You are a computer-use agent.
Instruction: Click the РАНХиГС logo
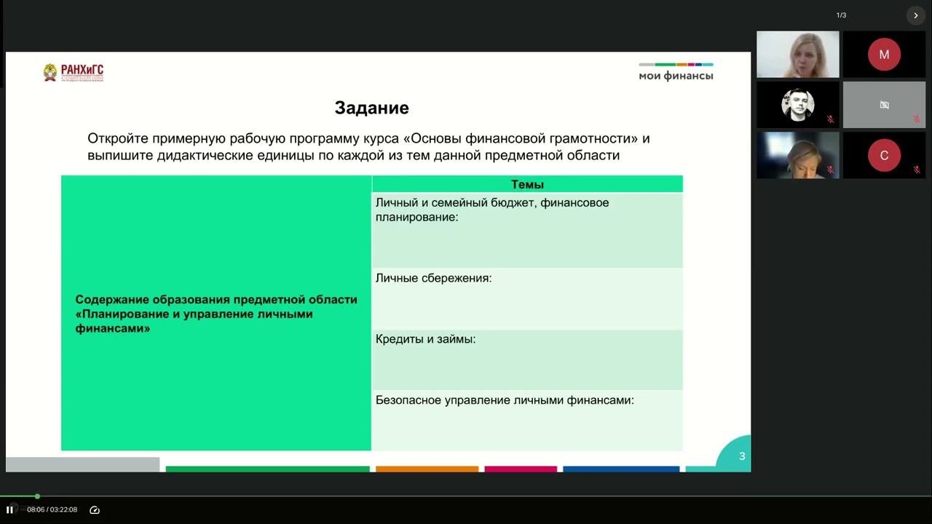tap(73, 72)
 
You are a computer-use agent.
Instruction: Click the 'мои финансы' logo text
tap(676, 76)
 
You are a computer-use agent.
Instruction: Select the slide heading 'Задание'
tap(371, 108)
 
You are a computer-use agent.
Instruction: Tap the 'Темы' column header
tap(527, 185)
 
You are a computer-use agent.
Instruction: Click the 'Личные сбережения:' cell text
tap(433, 278)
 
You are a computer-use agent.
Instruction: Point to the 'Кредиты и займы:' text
tap(425, 339)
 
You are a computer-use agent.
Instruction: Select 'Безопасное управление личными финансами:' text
tap(505, 400)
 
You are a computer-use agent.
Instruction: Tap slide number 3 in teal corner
tap(742, 456)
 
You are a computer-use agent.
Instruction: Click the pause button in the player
tap(9, 509)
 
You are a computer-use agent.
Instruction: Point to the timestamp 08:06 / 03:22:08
tap(52, 509)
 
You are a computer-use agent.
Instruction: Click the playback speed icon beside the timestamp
tap(94, 509)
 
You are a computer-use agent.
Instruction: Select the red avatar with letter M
tap(884, 55)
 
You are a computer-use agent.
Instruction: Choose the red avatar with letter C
tap(884, 155)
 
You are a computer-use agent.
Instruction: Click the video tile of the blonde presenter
tap(797, 55)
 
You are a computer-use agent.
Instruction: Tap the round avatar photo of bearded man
tap(797, 105)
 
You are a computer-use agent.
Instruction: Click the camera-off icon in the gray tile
tap(884, 105)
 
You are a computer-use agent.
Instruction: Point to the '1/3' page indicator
tap(841, 15)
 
